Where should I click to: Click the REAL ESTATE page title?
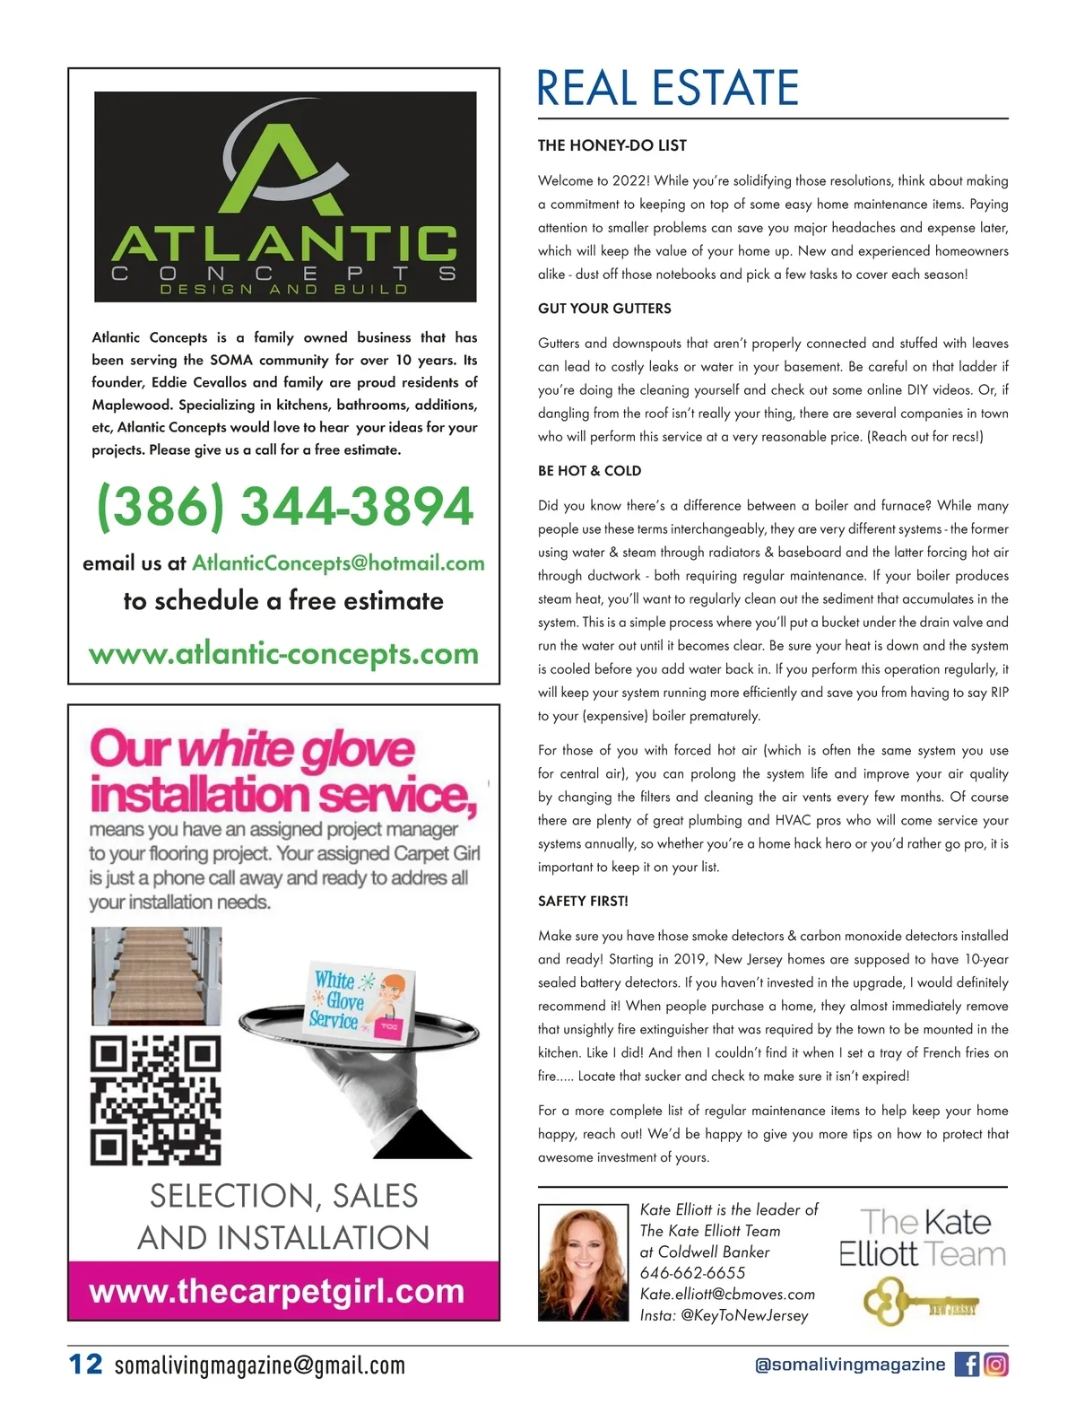[x=667, y=88]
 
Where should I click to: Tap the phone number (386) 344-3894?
[x=285, y=507]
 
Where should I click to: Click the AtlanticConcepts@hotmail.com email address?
[x=338, y=563]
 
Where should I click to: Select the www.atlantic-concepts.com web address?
[x=283, y=653]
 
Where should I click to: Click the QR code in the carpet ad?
[x=156, y=1100]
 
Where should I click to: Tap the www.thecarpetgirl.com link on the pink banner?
[x=277, y=1291]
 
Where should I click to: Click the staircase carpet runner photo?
[x=157, y=976]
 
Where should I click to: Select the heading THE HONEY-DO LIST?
[x=612, y=145]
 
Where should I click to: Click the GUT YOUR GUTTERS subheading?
[x=604, y=309]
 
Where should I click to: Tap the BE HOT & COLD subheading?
[x=589, y=471]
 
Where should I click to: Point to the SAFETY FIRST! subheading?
[x=583, y=901]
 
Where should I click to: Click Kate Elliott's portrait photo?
[x=583, y=1262]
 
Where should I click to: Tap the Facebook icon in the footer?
[x=967, y=1365]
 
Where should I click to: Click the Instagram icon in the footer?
[x=996, y=1365]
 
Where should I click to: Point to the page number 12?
[x=86, y=1365]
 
